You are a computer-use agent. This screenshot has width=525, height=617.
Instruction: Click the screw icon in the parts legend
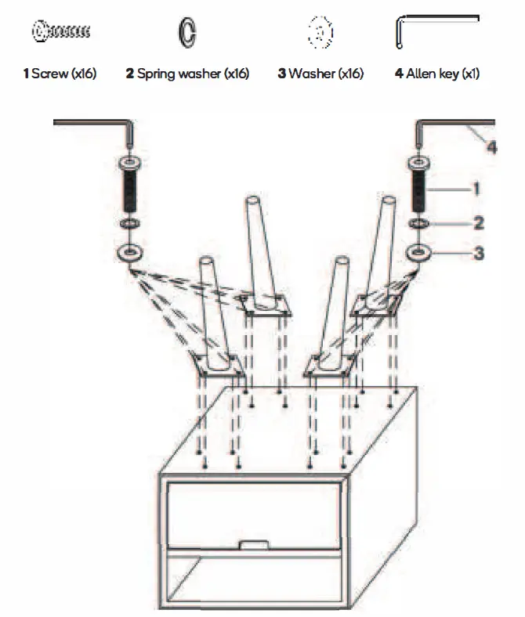pos(61,32)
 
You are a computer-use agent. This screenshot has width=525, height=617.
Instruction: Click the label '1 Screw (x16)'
pos(60,74)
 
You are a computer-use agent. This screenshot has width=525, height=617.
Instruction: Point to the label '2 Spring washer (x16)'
pos(187,74)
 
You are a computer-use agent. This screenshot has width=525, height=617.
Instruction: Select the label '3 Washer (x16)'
pos(320,74)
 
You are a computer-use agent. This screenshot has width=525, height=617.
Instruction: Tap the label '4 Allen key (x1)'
pos(437,74)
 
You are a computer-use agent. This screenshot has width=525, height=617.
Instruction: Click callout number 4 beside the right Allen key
pos(491,146)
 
